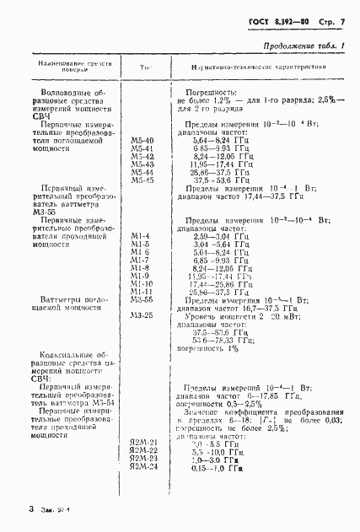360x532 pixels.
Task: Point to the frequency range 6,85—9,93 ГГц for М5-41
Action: pos(223,148)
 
